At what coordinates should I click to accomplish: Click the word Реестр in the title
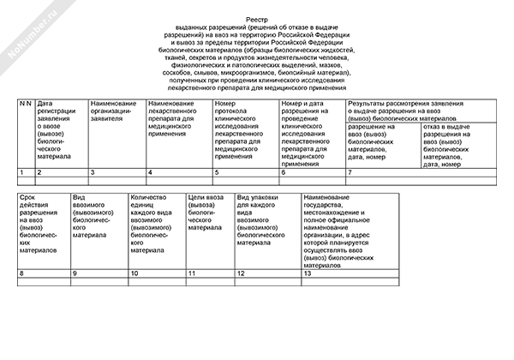pos(257,16)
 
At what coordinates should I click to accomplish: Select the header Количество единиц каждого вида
pos(153,220)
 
